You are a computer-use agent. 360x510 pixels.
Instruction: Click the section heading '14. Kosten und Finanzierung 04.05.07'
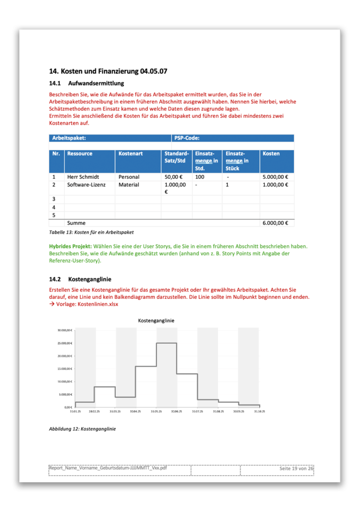pos(108,72)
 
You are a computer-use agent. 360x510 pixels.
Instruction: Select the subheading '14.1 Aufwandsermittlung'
pos(86,83)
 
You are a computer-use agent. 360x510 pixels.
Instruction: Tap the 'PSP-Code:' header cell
pos(187,138)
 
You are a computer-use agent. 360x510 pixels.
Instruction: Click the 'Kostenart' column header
pos(130,154)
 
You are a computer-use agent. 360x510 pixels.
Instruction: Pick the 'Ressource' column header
pos(80,154)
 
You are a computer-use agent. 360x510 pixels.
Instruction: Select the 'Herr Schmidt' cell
pos(83,177)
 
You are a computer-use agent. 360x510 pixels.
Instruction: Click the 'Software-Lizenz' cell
pos(86,185)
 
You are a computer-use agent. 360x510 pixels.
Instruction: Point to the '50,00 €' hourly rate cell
pos(173,177)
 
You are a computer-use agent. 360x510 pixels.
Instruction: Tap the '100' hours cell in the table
pos(200,177)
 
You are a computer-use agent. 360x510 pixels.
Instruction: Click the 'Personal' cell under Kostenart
pos(129,177)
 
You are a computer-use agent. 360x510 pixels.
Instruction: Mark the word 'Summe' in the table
pos(76,223)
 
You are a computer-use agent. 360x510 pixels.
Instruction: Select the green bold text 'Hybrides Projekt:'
pos(70,246)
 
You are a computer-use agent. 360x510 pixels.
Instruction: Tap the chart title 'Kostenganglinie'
pos(156,320)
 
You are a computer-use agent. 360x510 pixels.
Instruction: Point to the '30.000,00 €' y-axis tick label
pos(63,330)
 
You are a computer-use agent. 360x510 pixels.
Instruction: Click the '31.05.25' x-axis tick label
pos(156,411)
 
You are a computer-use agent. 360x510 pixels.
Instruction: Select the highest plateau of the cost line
pos(166,343)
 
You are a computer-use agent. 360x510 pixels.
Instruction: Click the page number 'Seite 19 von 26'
pos(296,468)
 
